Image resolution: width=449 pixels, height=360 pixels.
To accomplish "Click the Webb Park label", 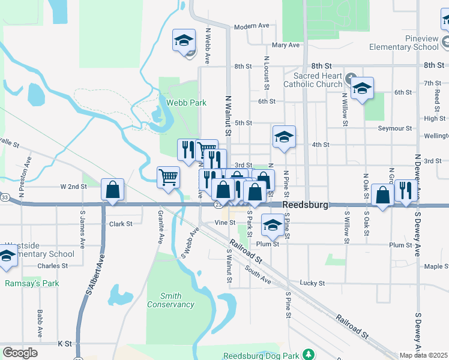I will point(187,103).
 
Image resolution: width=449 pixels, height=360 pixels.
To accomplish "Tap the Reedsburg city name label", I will point(306,205).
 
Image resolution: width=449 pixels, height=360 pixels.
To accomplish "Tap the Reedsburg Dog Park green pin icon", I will point(308,355).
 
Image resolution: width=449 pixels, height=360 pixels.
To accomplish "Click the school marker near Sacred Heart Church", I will point(363,88).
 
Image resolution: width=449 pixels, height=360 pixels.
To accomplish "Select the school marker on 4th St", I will point(285,136).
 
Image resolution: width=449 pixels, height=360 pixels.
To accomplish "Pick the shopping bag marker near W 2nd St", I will point(112,190).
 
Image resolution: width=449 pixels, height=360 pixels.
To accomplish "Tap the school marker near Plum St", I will point(273,226).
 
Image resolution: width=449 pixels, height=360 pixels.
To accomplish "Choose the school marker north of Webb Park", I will point(184,40).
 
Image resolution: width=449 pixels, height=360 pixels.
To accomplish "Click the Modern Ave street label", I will point(252,26).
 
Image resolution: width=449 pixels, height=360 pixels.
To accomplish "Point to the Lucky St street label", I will point(312,283).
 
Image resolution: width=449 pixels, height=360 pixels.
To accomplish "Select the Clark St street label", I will point(121,224).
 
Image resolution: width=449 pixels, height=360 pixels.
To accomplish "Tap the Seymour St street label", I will point(395,128).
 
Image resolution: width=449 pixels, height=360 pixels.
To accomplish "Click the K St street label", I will point(65,344).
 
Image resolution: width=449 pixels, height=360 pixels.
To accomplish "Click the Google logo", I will point(20,353).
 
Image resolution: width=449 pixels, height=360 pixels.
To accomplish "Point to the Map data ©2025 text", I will point(423,355).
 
